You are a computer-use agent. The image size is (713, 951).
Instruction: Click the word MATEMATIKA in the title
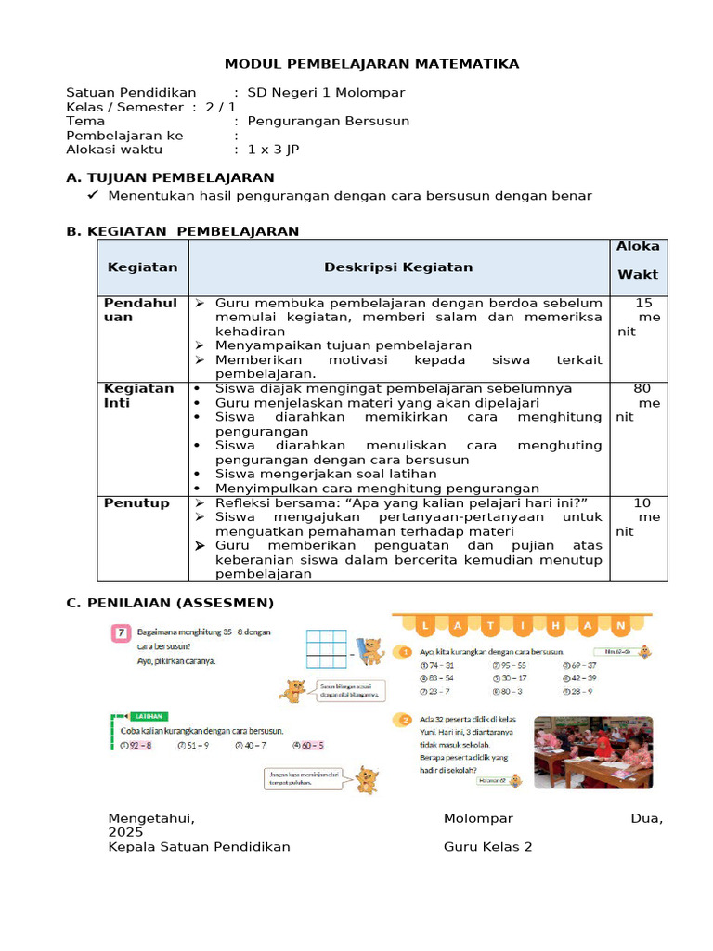click(468, 63)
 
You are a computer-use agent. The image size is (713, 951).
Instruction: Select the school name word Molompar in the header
click(372, 93)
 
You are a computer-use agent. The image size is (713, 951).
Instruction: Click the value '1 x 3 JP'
click(273, 149)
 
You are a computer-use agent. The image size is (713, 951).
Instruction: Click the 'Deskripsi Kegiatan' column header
click(398, 267)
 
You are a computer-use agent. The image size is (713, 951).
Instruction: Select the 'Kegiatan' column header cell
click(142, 267)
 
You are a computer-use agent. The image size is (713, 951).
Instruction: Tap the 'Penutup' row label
click(136, 503)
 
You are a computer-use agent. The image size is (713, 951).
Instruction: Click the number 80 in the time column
click(642, 388)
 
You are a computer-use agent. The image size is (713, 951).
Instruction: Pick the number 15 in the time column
click(643, 303)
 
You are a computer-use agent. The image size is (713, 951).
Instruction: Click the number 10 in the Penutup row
click(642, 503)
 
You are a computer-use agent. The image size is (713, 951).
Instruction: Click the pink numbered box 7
click(121, 633)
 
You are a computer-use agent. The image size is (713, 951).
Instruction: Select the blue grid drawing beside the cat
click(325, 649)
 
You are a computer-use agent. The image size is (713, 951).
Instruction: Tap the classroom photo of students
click(592, 752)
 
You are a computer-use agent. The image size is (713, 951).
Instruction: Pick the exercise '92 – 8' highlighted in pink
click(138, 745)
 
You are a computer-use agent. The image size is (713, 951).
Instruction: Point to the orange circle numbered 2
click(404, 719)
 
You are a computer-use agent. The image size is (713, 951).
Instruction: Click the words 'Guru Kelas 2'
click(487, 847)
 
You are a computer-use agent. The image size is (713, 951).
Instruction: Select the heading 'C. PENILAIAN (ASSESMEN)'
click(170, 604)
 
